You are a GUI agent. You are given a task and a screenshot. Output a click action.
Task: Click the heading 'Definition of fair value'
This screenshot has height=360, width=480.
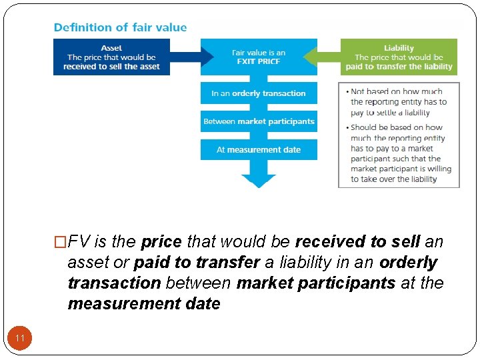tap(120, 27)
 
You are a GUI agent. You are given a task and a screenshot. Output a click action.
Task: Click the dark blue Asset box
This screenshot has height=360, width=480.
tap(111, 57)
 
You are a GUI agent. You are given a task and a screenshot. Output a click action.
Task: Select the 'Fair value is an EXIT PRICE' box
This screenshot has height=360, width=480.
tap(259, 57)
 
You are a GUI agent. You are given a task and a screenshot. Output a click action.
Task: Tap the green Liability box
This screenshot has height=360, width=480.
tap(399, 57)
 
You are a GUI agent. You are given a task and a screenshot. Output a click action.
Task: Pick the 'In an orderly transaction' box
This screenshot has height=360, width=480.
tap(259, 93)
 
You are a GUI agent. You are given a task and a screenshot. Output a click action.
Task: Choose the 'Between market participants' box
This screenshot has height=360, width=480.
tap(259, 121)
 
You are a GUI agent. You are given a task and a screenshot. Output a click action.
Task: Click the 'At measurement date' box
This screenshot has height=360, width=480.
tap(259, 149)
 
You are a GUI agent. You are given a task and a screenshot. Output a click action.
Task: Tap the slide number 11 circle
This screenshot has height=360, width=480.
tap(20, 339)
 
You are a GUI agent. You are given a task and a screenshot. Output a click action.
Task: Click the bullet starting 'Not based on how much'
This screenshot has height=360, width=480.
tap(398, 102)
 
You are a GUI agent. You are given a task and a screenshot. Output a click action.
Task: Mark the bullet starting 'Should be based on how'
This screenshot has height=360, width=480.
tap(400, 153)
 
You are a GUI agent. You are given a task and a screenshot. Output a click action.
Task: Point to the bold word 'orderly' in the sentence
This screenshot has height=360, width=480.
tap(408, 262)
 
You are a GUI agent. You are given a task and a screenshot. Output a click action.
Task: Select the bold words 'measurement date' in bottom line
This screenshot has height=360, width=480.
tap(143, 303)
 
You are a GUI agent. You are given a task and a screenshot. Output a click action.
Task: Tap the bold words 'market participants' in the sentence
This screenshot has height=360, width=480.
tap(316, 283)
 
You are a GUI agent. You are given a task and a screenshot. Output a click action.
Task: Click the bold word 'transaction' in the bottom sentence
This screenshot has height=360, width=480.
tap(114, 283)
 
